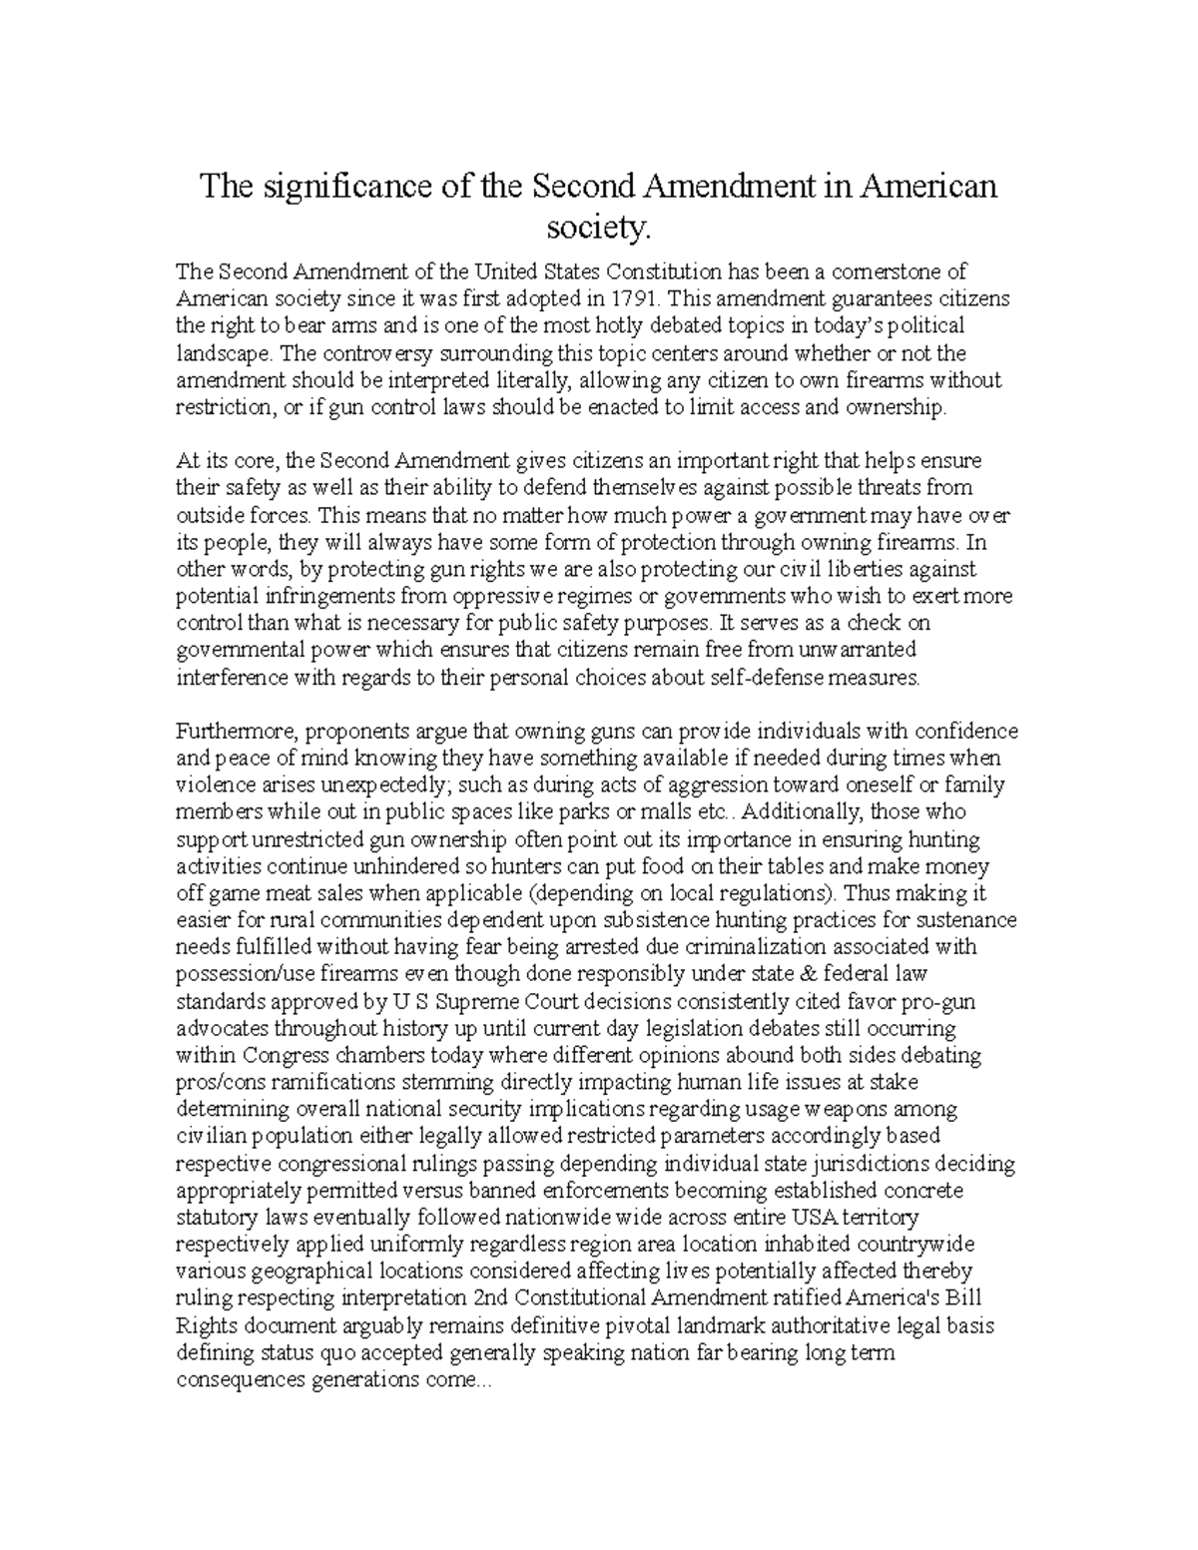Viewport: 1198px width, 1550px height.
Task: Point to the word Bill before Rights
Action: tap(968, 1298)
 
